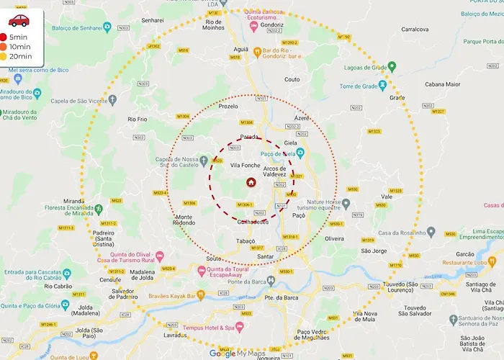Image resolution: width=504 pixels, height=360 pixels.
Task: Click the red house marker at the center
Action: point(251,182)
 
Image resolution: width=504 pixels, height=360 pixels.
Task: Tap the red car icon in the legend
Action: point(19,20)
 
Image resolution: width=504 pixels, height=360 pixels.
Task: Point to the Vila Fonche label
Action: point(244,165)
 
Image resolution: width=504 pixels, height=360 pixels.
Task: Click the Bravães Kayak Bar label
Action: point(171,294)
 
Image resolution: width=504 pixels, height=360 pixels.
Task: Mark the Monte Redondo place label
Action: point(184,220)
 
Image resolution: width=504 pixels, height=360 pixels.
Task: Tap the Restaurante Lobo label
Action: point(469,263)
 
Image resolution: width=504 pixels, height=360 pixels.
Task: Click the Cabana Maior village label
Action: point(443,84)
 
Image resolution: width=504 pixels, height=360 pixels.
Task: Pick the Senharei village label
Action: point(153,21)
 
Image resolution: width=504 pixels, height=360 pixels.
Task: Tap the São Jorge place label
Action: point(374,251)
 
